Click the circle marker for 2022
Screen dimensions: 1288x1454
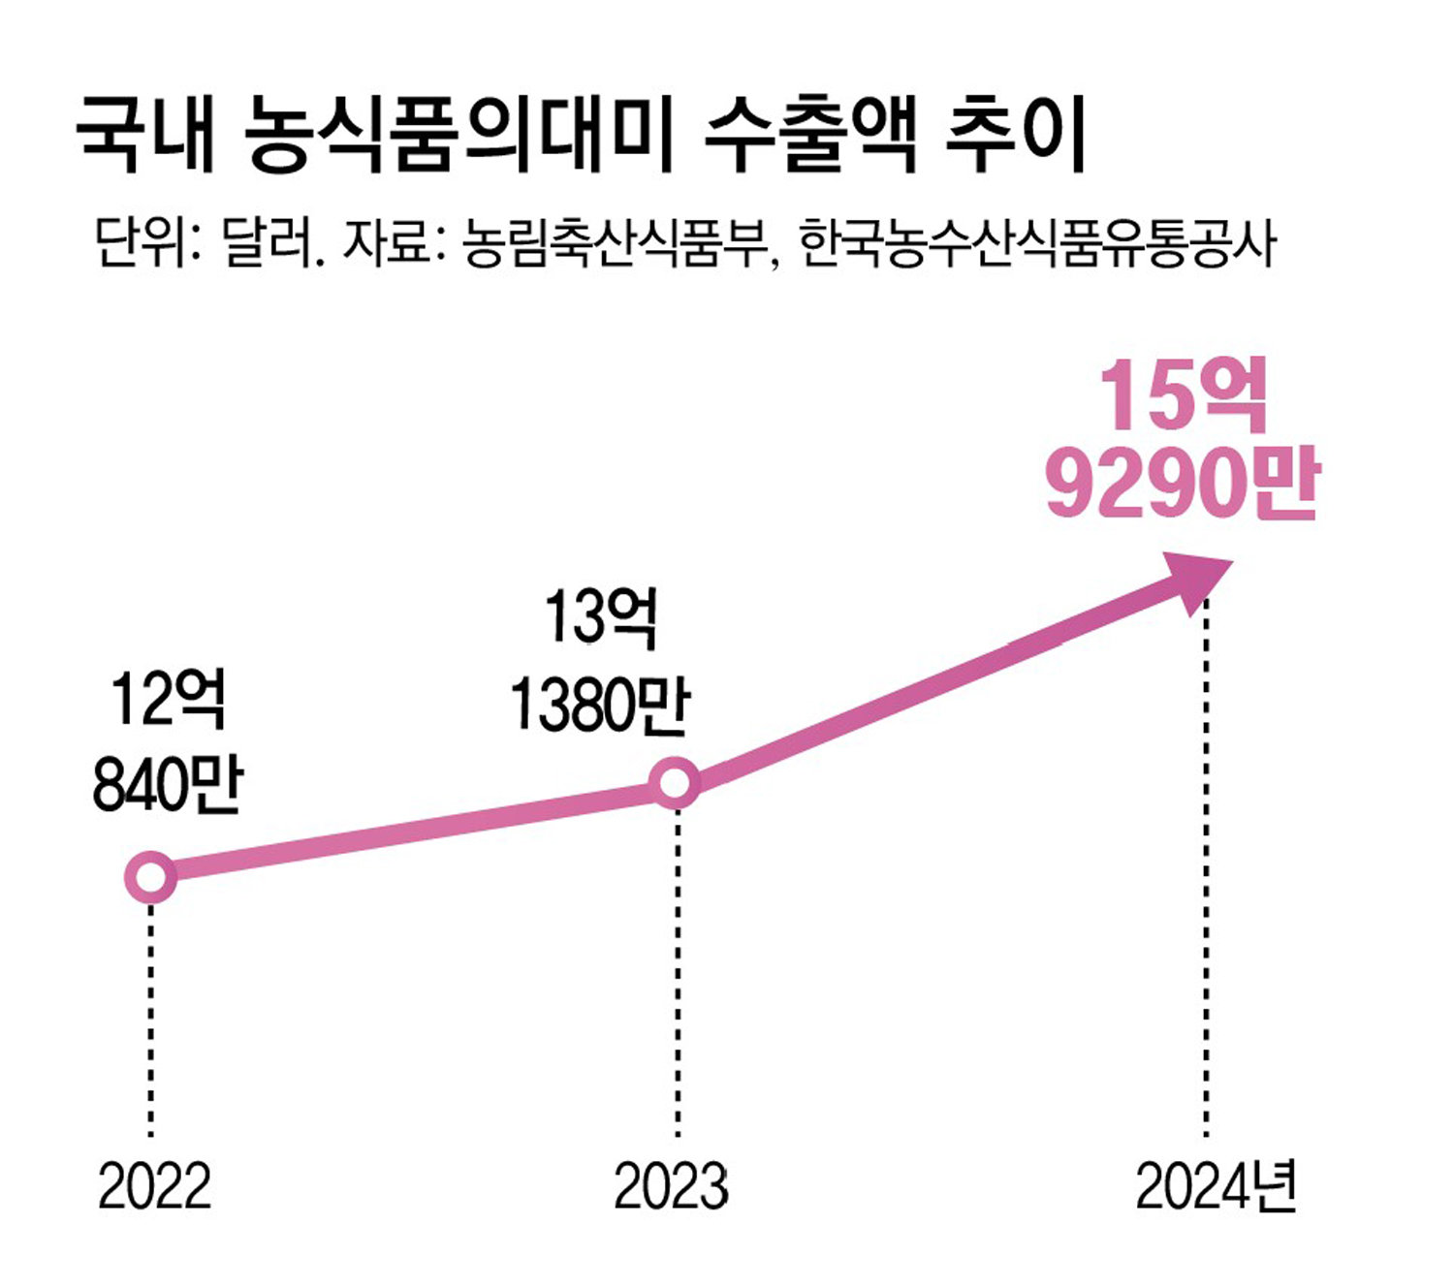pyautogui.click(x=151, y=877)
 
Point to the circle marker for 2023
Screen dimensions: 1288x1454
pyautogui.click(x=675, y=781)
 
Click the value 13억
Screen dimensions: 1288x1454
pyautogui.click(x=601, y=616)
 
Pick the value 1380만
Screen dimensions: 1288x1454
pyautogui.click(x=599, y=704)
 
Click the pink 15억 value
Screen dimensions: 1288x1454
pyautogui.click(x=1184, y=396)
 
